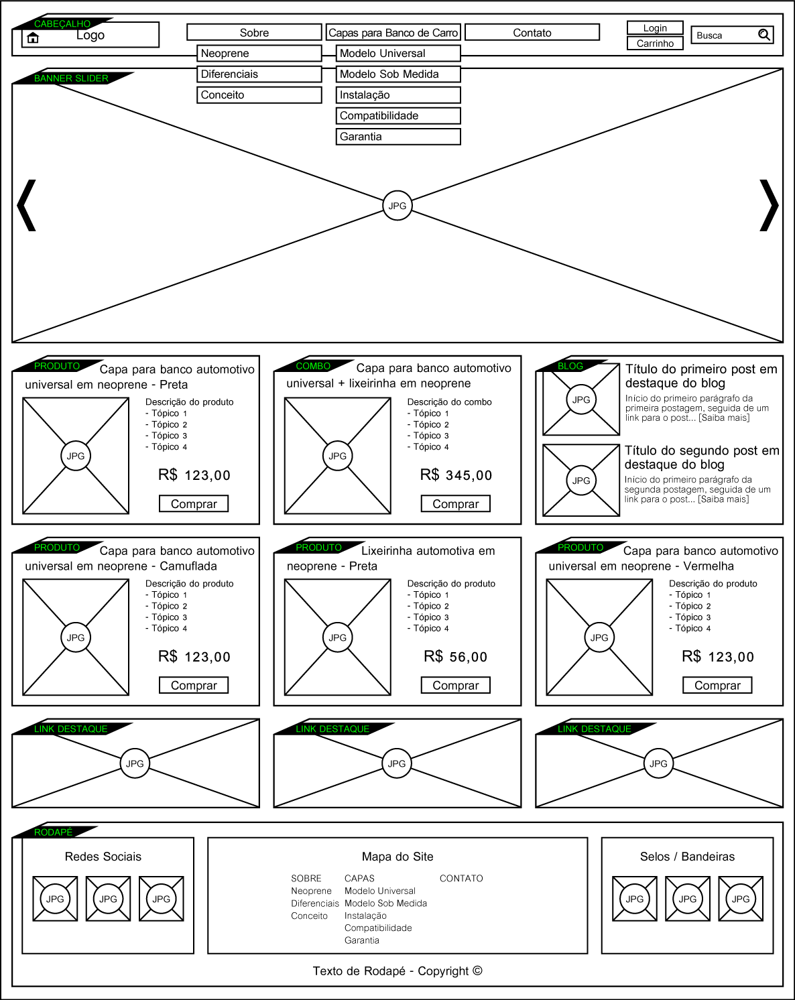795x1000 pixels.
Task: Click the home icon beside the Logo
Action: coord(33,38)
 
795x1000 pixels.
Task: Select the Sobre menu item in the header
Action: coord(254,33)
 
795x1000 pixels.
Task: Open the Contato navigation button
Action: coord(532,33)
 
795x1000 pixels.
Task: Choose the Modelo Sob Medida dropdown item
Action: coord(398,74)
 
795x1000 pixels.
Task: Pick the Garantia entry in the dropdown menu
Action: coord(398,137)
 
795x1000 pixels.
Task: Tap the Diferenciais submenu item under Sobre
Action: coord(259,74)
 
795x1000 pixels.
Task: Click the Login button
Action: coord(655,28)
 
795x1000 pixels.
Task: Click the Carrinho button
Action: coord(655,43)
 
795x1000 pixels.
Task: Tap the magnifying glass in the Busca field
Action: coord(764,34)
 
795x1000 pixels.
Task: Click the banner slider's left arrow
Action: coord(26,205)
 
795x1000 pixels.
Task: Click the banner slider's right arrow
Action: coord(769,205)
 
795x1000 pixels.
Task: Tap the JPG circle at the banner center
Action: coord(397,205)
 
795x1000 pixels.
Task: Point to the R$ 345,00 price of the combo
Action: coord(456,475)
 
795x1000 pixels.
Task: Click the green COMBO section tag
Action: coord(313,366)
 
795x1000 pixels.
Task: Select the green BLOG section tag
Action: coord(570,366)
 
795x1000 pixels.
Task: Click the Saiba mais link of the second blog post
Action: coord(723,499)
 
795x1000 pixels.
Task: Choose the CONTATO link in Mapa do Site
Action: coord(461,878)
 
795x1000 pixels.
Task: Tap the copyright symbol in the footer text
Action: coord(477,971)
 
